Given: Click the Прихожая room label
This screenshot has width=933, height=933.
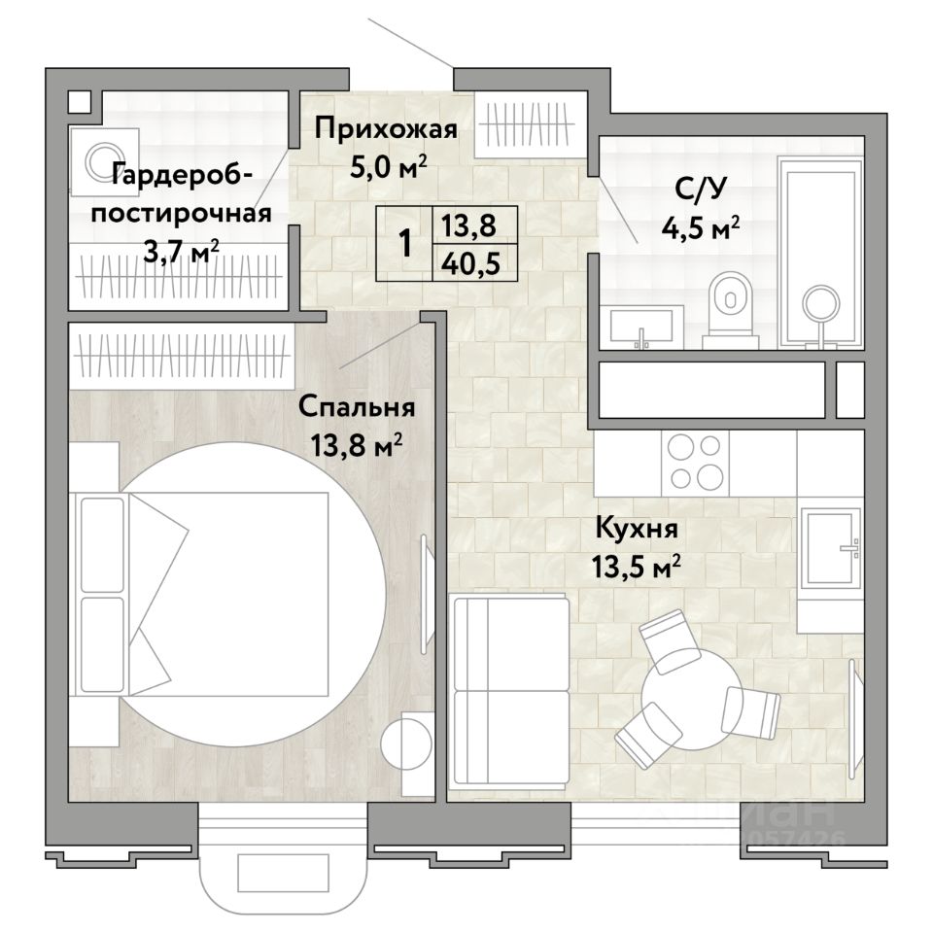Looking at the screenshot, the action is tap(386, 129).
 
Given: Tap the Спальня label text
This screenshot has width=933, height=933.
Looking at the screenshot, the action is tap(357, 407).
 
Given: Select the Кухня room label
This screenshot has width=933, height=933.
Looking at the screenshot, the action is tap(637, 528).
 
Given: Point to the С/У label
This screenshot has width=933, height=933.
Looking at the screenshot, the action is tap(701, 190).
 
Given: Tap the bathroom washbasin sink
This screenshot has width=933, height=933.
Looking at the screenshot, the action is tap(640, 327).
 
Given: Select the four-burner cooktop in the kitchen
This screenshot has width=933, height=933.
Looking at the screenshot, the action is tap(695, 463).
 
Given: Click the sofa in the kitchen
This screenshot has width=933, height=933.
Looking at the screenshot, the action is tap(510, 690).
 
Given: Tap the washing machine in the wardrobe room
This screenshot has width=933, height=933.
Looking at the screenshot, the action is tap(104, 160).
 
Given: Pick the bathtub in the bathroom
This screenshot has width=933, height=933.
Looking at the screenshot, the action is tap(820, 253).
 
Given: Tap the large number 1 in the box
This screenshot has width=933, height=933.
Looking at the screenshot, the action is tap(405, 244).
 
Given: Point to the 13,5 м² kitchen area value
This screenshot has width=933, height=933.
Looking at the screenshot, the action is tap(636, 567).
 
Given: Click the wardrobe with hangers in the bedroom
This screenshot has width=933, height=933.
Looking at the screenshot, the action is tap(182, 356).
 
